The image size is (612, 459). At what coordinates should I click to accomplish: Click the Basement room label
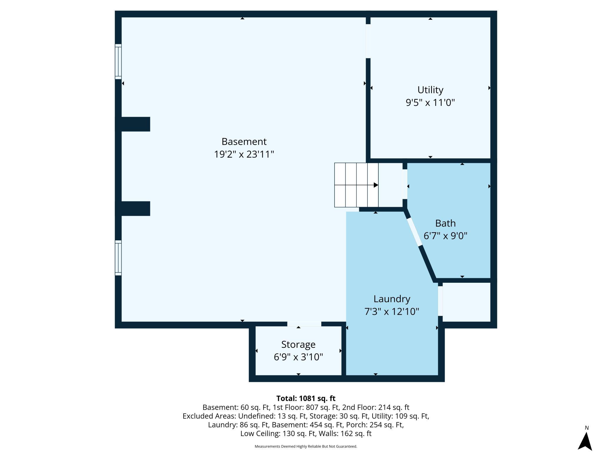[244, 142]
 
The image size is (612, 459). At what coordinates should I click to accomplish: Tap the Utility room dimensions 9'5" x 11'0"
[430, 103]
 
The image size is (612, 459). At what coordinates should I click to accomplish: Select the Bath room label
[445, 223]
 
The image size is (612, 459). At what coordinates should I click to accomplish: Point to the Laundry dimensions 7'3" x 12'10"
[392, 312]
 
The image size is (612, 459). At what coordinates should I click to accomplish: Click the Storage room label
[298, 344]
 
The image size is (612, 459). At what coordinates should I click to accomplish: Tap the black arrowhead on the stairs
[376, 185]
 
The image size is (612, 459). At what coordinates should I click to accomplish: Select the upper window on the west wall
[118, 61]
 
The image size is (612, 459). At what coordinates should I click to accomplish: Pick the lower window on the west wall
[118, 258]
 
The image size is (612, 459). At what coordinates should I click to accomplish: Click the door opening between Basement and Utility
[368, 41]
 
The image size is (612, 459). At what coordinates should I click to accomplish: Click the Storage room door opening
[304, 324]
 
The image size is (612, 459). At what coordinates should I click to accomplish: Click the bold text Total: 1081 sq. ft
[306, 398]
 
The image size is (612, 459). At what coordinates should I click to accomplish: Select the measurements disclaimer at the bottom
[306, 446]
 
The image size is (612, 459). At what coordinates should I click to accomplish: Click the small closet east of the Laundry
[466, 302]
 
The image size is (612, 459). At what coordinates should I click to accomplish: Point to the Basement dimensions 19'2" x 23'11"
[244, 154]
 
